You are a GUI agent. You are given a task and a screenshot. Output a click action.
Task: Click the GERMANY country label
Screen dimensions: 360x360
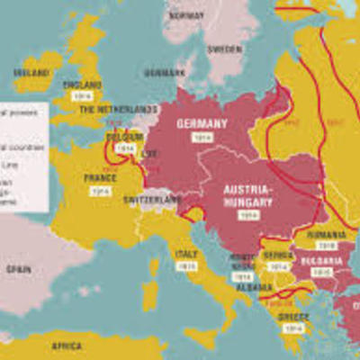pos(202,123)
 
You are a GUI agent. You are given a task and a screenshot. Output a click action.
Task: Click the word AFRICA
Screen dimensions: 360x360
pos(67,346)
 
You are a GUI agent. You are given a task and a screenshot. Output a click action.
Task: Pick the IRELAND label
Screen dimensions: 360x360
pos(31,72)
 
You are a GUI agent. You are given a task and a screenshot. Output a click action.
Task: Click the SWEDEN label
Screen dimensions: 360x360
pos(224,49)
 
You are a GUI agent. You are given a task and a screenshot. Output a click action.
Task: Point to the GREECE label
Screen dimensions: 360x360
pos(293,316)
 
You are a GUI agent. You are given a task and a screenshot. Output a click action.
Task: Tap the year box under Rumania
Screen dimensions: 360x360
pos(325,244)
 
